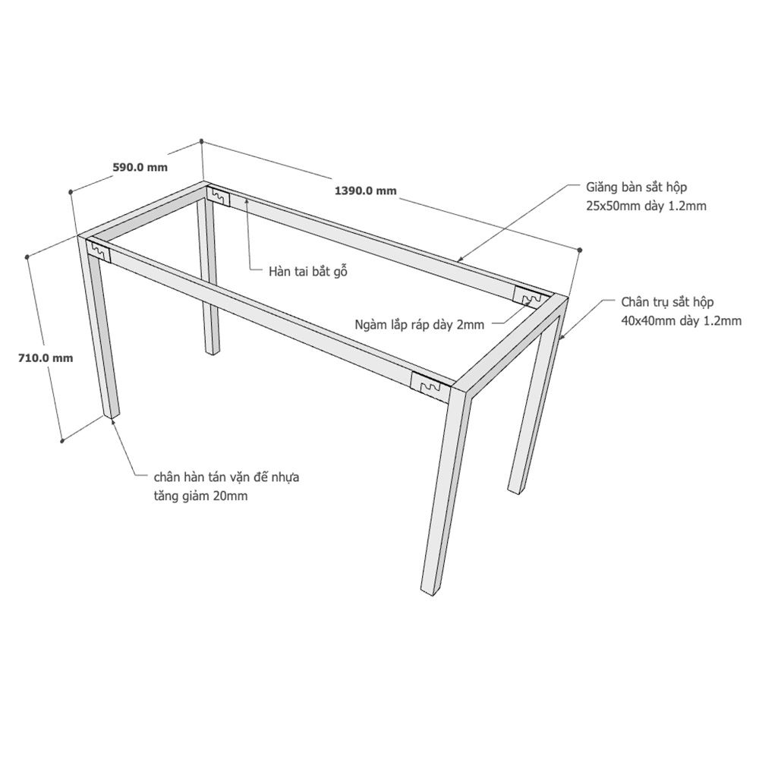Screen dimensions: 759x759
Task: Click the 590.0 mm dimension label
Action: pyautogui.click(x=140, y=168)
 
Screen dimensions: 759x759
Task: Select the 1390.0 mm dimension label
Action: pyautogui.click(x=366, y=191)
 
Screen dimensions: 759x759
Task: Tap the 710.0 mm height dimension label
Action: pyautogui.click(x=46, y=358)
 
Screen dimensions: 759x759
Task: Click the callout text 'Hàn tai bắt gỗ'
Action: pyautogui.click(x=308, y=271)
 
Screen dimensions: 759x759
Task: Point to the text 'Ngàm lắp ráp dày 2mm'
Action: pyautogui.click(x=419, y=324)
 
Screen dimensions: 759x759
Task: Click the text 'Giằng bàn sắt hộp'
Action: pyautogui.click(x=636, y=187)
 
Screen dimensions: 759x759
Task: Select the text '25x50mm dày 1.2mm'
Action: pyautogui.click(x=646, y=206)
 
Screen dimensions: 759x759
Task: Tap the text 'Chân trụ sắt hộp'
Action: pyautogui.click(x=667, y=302)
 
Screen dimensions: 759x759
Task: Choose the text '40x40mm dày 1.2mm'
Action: pyautogui.click(x=682, y=320)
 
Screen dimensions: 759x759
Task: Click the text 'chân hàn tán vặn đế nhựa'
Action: pyautogui.click(x=226, y=477)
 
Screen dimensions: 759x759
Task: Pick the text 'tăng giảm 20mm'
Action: pyautogui.click(x=200, y=496)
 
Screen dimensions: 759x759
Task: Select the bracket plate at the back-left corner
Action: pyautogui.click(x=219, y=195)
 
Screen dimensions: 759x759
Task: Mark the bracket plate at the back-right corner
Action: pyautogui.click(x=530, y=296)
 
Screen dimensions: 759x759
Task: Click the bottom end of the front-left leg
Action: pyautogui.click(x=112, y=414)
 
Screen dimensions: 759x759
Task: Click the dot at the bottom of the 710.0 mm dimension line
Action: pyautogui.click(x=62, y=441)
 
